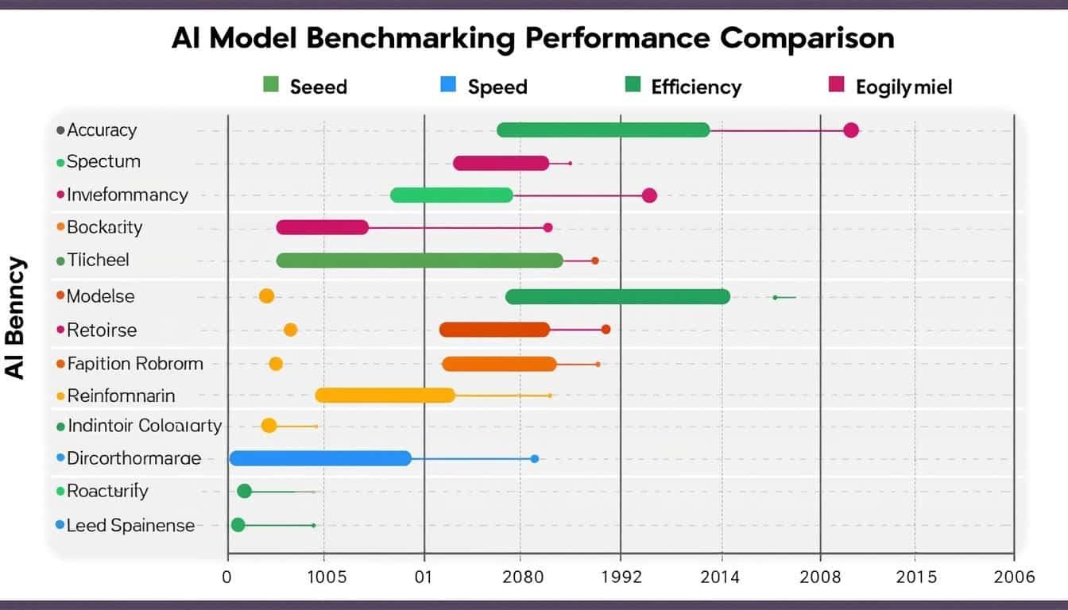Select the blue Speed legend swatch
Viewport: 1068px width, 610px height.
(x=448, y=85)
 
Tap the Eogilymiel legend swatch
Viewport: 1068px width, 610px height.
(x=836, y=85)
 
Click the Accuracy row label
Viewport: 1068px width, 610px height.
(x=102, y=130)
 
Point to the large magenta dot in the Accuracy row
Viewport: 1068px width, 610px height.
(x=851, y=130)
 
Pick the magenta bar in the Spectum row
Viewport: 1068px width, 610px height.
(x=501, y=163)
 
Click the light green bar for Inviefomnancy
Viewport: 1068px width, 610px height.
(x=451, y=195)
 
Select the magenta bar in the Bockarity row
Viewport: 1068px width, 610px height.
(x=323, y=227)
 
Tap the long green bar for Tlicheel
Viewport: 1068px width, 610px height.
(x=420, y=260)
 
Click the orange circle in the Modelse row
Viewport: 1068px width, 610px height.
(x=266, y=296)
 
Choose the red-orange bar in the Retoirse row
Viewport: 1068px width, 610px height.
(x=494, y=330)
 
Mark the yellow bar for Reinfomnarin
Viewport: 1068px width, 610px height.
(x=385, y=395)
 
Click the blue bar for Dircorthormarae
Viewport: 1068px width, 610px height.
(x=320, y=458)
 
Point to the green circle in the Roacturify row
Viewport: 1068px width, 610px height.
(x=245, y=491)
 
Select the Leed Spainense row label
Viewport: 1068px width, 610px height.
(x=130, y=525)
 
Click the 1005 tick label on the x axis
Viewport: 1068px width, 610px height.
(x=326, y=577)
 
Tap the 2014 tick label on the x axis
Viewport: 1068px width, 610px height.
(x=719, y=577)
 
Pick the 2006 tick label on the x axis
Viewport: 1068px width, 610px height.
(x=1014, y=577)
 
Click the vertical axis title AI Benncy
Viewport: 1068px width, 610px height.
(x=17, y=319)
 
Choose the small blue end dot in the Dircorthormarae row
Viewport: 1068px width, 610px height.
(x=535, y=458)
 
